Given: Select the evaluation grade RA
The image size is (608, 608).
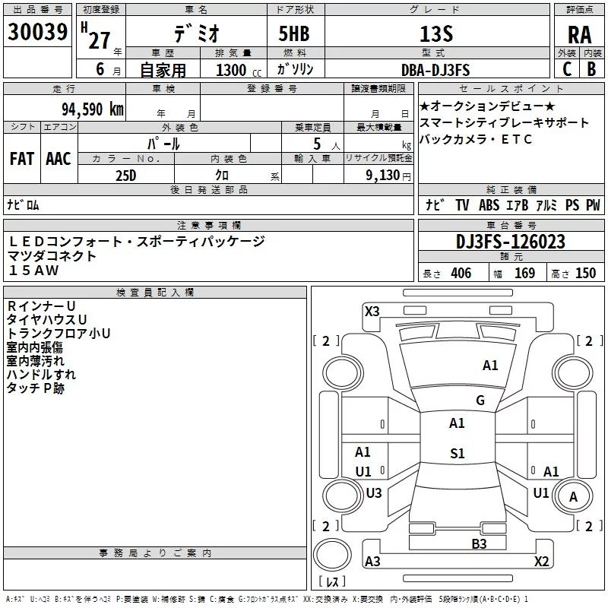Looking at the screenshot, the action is pos(579,35).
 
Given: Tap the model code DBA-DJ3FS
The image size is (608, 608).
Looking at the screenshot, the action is pos(435,70).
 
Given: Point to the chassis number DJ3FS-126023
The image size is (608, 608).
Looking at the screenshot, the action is pos(511,242).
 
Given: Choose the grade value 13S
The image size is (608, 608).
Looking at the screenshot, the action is pos(435,34).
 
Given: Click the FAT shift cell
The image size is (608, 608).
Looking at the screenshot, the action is pos(22,159).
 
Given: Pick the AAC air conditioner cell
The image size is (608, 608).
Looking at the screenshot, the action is pos(59,159).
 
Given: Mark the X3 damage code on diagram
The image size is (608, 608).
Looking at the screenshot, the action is pos(372,311).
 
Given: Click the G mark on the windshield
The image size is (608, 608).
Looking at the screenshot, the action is pos(480,401).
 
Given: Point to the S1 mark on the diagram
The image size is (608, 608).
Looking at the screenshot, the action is pos(457,454).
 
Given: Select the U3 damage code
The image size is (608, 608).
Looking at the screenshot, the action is pos(373,492).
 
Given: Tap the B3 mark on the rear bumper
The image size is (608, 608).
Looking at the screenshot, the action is pos(479,543).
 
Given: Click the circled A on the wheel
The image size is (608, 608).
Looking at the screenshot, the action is pos(573,497).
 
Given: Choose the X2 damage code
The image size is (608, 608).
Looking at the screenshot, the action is pos(541,561).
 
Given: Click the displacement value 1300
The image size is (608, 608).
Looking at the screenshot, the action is pos(230,71).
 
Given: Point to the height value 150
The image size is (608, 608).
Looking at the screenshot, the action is pos(585,273).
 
